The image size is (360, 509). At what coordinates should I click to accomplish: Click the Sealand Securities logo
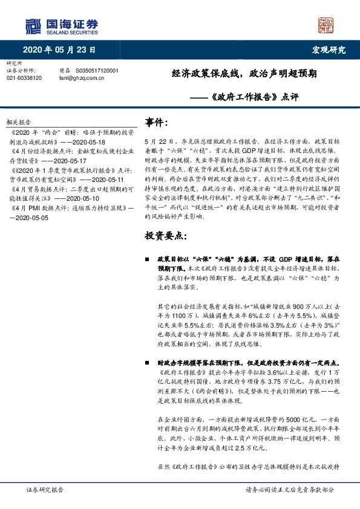pyautogui.click(x=61, y=25)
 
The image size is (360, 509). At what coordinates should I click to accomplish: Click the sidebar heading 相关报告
pyautogui.click(x=27, y=121)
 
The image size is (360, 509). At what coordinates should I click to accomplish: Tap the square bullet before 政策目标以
pyautogui.click(x=148, y=258)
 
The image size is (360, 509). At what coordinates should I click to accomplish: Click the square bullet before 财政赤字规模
pyautogui.click(x=148, y=364)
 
